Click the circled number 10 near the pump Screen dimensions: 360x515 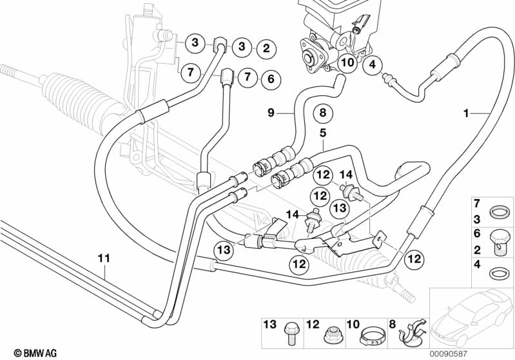pyautogui.click(x=347, y=63)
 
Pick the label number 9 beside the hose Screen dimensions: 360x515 pyautogui.click(x=272, y=113)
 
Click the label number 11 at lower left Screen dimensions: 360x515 pyautogui.click(x=104, y=258)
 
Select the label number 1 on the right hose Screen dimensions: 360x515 pyautogui.click(x=465, y=114)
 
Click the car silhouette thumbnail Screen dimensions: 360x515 pyautogui.click(x=471, y=316)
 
